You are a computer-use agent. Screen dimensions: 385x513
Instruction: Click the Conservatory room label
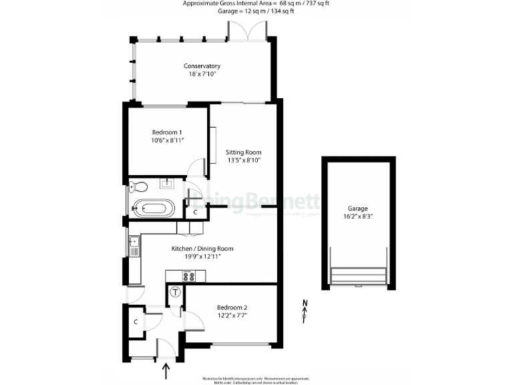(x=202, y=66)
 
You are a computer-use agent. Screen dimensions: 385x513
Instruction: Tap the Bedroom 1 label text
(x=166, y=132)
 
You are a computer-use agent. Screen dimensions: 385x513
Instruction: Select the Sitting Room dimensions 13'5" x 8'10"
(x=242, y=160)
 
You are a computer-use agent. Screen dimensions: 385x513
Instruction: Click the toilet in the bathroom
(x=135, y=186)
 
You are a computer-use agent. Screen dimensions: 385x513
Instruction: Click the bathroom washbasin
(x=167, y=183)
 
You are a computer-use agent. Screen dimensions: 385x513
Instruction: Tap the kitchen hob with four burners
(x=189, y=275)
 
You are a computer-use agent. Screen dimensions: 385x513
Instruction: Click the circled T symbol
(x=176, y=291)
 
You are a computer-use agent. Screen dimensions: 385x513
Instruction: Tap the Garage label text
(x=357, y=209)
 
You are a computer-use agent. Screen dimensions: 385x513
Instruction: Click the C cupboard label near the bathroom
(x=195, y=212)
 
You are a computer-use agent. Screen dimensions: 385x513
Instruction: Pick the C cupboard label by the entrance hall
(x=136, y=322)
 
